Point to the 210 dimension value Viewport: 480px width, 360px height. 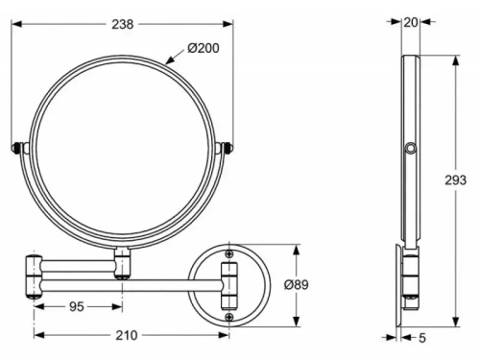tap(125, 335)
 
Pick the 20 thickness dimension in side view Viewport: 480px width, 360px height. tap(411, 21)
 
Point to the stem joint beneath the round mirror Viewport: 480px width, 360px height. tap(122, 262)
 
